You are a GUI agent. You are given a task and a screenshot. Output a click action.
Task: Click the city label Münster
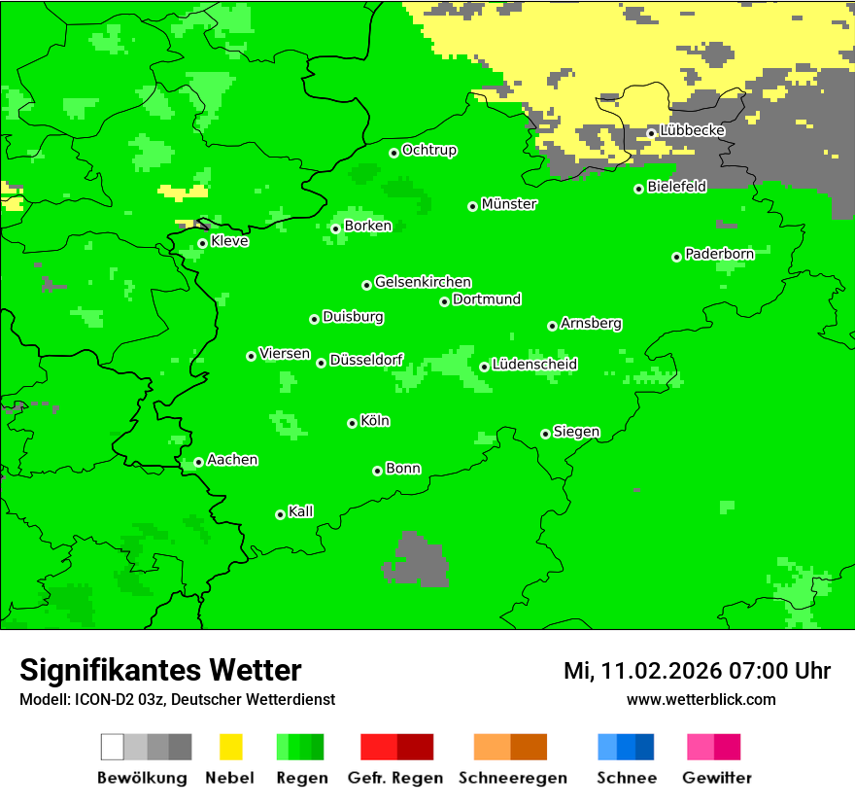click(509, 204)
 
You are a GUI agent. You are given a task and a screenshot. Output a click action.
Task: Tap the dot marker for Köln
click(352, 423)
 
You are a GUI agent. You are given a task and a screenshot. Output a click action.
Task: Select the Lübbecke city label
click(693, 130)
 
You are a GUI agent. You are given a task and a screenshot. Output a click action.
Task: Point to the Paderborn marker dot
click(676, 257)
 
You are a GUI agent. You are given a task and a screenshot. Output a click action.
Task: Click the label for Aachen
click(232, 460)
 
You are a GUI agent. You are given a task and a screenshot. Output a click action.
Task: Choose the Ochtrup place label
click(429, 151)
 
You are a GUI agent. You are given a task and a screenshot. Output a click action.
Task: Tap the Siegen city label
click(576, 432)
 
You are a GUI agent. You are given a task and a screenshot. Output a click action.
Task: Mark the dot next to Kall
click(280, 514)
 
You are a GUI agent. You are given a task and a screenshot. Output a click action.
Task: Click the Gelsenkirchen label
click(423, 282)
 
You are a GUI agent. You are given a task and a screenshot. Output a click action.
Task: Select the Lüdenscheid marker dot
click(484, 367)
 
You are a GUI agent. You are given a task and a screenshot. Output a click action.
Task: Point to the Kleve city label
click(229, 241)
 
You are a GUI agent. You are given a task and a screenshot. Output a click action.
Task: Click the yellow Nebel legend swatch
click(230, 747)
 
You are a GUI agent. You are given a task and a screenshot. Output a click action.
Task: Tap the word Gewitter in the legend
click(717, 778)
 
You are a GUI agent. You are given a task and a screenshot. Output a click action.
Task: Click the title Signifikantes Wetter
click(160, 670)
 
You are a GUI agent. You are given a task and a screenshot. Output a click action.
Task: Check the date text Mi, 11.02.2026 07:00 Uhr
click(697, 671)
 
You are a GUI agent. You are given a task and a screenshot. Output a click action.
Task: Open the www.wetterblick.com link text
click(701, 699)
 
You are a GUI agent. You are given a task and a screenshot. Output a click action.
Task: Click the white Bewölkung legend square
click(113, 747)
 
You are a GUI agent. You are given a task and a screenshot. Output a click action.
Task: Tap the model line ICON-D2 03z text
click(177, 699)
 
